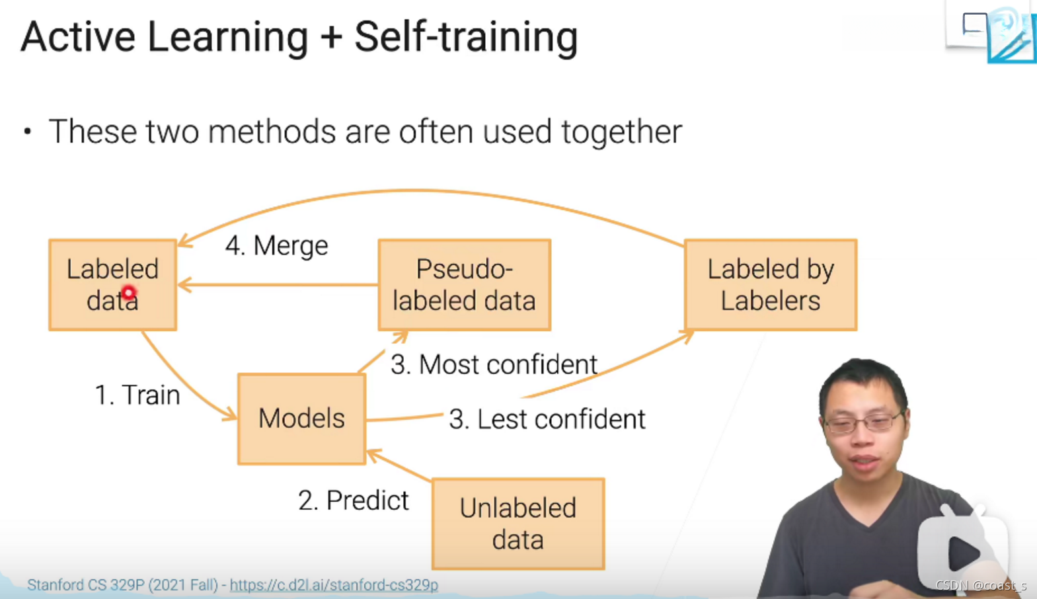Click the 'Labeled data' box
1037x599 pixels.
pyautogui.click(x=112, y=285)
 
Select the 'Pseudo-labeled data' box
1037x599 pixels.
pyautogui.click(x=465, y=285)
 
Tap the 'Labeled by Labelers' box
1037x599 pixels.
pyautogui.click(x=771, y=285)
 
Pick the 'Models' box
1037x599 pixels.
pyautogui.click(x=301, y=419)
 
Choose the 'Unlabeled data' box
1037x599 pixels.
pyautogui.click(x=518, y=524)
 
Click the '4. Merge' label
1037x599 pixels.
pyautogui.click(x=277, y=245)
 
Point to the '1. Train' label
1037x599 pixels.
pyautogui.click(x=137, y=395)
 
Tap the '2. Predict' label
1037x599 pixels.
pyautogui.click(x=354, y=500)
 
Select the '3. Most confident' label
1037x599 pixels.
pyautogui.click(x=494, y=364)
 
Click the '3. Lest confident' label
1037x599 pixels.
pyautogui.click(x=547, y=419)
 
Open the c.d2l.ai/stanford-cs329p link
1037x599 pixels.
pyautogui.click(x=334, y=585)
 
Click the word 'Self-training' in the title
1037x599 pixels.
pyautogui.click(x=466, y=38)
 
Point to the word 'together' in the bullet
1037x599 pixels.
pyautogui.click(x=622, y=132)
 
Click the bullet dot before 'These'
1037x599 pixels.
pyautogui.click(x=27, y=132)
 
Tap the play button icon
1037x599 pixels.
pyautogui.click(x=962, y=552)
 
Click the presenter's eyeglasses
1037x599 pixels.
pyautogui.click(x=864, y=422)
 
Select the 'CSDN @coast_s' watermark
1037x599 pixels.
pyautogui.click(x=981, y=586)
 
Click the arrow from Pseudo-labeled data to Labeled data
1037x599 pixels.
pyautogui.click(x=278, y=284)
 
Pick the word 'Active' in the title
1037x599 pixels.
pyautogui.click(x=78, y=37)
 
